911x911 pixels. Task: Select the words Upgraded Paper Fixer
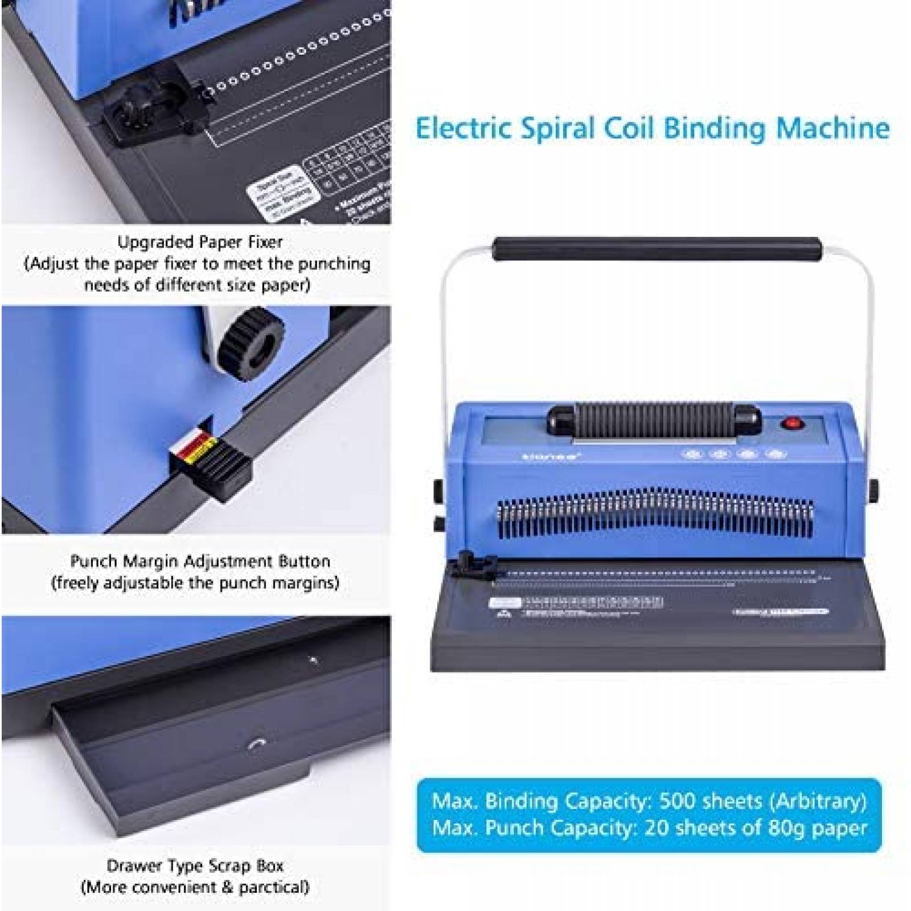pyautogui.click(x=200, y=242)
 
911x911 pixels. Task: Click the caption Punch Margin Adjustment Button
pyautogui.click(x=200, y=561)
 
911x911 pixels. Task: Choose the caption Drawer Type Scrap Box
pyautogui.click(x=195, y=865)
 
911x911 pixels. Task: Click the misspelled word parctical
pyautogui.click(x=273, y=887)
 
